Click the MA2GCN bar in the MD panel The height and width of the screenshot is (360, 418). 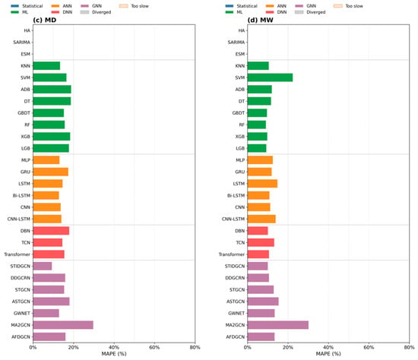point(63,325)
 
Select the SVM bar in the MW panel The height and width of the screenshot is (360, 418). point(270,77)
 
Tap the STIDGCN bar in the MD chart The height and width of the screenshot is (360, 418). point(43,266)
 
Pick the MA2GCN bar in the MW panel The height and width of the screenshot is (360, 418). point(278,325)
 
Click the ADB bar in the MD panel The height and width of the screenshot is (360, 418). point(52,90)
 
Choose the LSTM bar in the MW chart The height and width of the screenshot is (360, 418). point(263,184)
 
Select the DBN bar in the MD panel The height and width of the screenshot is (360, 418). point(51,231)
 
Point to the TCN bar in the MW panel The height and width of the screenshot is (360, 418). point(261,242)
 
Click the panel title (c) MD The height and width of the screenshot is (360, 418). point(45,20)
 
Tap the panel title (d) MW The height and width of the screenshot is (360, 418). point(260,20)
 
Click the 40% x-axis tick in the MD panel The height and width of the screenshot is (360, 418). point(114,347)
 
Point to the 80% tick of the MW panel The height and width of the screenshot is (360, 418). point(409,347)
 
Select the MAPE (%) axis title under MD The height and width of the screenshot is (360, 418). point(114,354)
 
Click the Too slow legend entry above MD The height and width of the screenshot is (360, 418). point(134,6)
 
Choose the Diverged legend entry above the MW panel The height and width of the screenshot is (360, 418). point(310,12)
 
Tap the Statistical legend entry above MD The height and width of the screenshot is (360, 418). point(27,6)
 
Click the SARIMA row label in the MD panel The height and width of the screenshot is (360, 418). point(21,42)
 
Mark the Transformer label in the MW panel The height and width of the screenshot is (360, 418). point(232,254)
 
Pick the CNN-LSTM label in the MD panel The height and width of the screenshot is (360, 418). point(19,219)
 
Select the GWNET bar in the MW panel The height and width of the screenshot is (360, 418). point(261,313)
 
